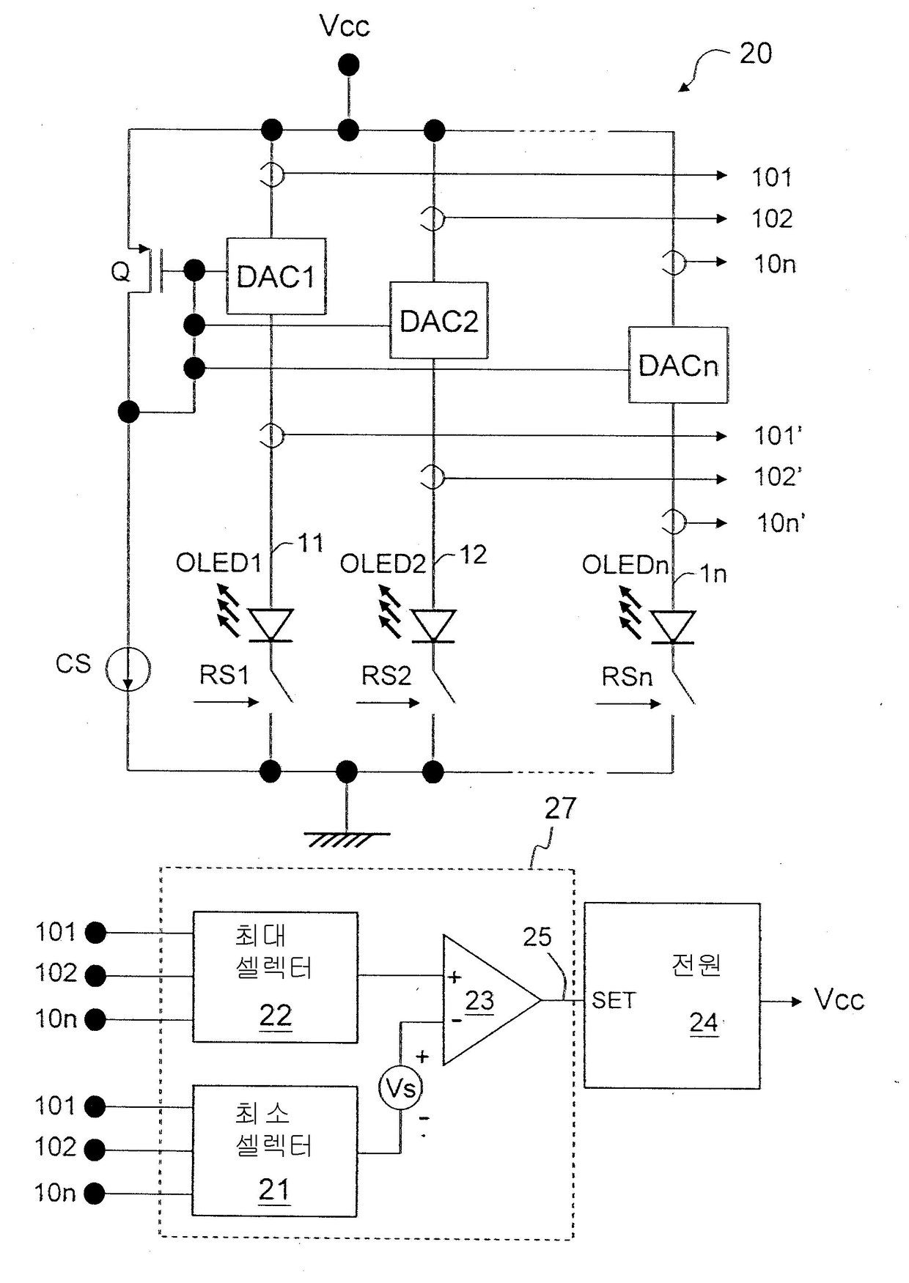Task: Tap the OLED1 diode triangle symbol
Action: coord(272,625)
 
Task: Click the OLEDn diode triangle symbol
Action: coord(673,627)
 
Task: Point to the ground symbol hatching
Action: coord(347,840)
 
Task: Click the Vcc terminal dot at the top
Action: coord(349,65)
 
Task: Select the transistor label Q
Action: coord(120,273)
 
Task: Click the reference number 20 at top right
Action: coord(756,53)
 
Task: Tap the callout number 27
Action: coord(560,808)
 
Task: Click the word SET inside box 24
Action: coord(614,1000)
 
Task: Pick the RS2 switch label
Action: coord(386,676)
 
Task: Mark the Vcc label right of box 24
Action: coord(839,999)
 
